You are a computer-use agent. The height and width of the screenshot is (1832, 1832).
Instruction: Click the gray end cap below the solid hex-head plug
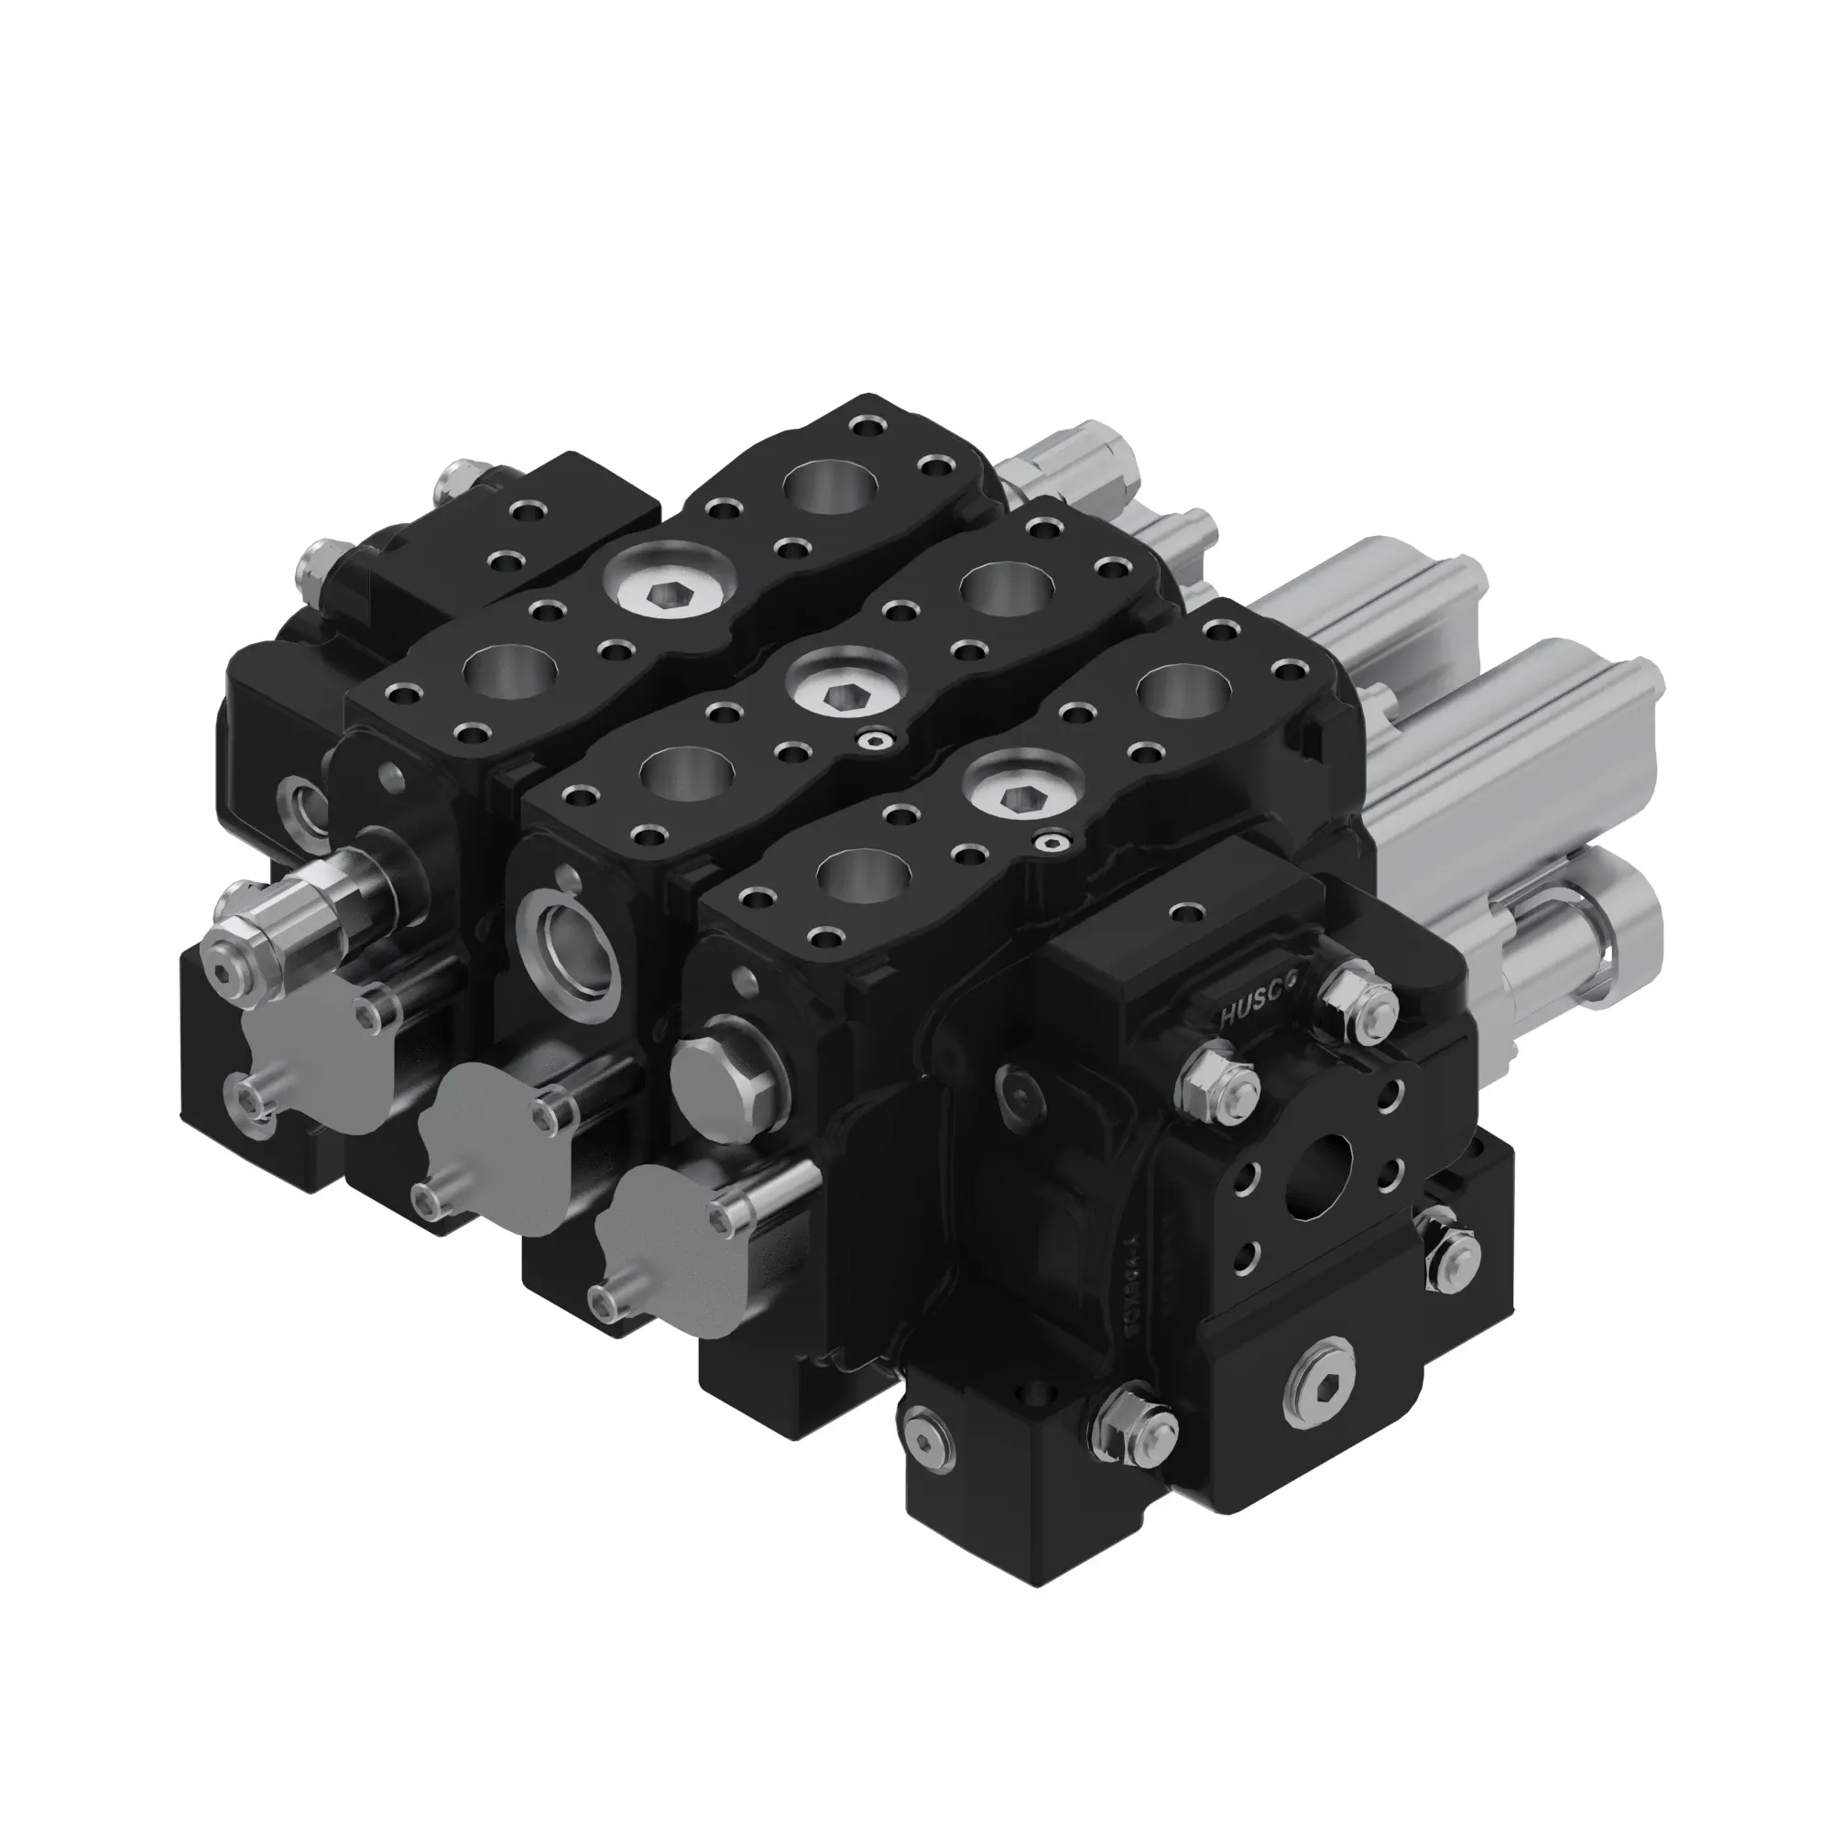click(x=663, y=1218)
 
